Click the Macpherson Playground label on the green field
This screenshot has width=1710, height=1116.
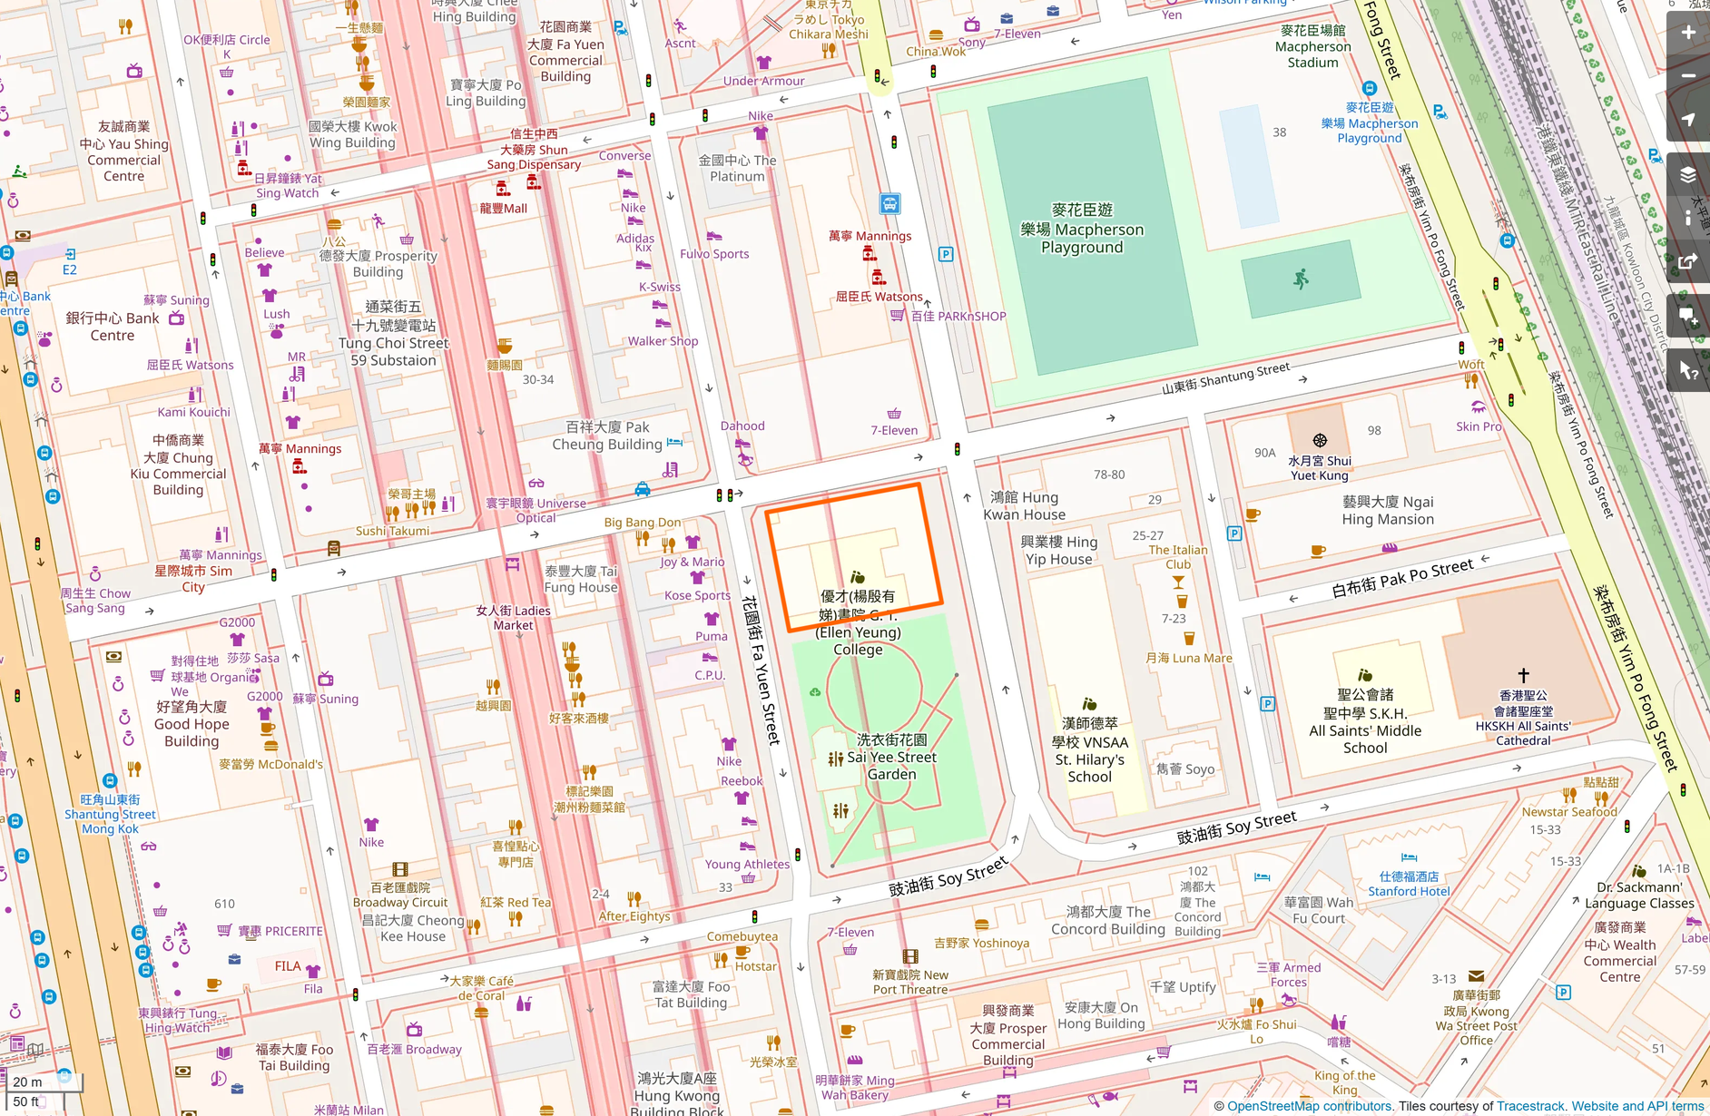tap(1082, 229)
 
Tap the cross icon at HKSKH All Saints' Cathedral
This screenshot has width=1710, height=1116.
tap(1523, 675)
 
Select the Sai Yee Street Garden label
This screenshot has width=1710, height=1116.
tap(891, 758)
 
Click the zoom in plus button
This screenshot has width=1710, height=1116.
tap(1687, 33)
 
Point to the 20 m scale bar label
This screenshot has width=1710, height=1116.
tap(27, 1082)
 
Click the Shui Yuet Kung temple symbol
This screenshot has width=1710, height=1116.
tap(1320, 441)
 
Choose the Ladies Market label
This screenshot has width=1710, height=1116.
tap(514, 618)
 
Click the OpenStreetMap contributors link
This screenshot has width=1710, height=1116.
tap(1309, 1106)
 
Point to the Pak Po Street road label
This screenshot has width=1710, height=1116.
tap(1402, 578)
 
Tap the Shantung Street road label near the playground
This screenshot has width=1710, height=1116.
tap(1225, 378)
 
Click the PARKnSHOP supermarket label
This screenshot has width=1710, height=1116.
tap(958, 317)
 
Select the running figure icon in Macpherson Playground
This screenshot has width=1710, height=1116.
tap(1301, 279)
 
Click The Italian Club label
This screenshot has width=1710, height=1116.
tap(1178, 556)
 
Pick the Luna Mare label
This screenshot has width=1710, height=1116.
tap(1189, 658)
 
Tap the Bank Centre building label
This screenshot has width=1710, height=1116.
tap(113, 327)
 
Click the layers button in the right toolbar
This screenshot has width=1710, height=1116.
tap(1687, 174)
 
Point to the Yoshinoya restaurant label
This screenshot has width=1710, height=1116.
tap(981, 943)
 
